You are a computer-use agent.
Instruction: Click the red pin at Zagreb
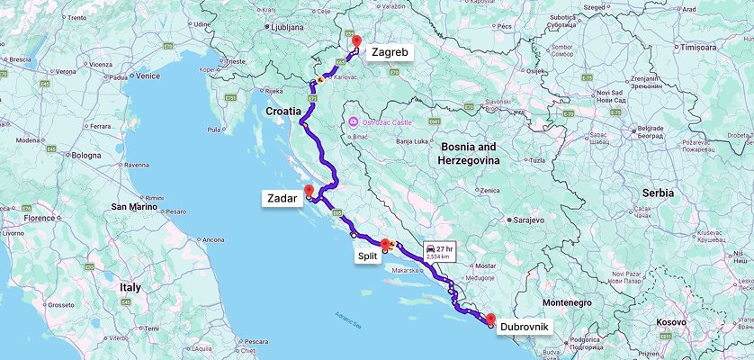pyautogui.click(x=356, y=41)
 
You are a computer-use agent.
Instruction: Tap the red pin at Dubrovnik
pyautogui.click(x=490, y=319)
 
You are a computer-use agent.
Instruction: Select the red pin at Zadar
pyautogui.click(x=310, y=191)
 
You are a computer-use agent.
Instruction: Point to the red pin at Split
pyautogui.click(x=386, y=244)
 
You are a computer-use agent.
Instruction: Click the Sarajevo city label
pyautogui.click(x=532, y=219)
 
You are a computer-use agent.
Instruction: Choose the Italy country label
pyautogui.click(x=130, y=287)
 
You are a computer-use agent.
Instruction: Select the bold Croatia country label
pyautogui.click(x=283, y=111)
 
